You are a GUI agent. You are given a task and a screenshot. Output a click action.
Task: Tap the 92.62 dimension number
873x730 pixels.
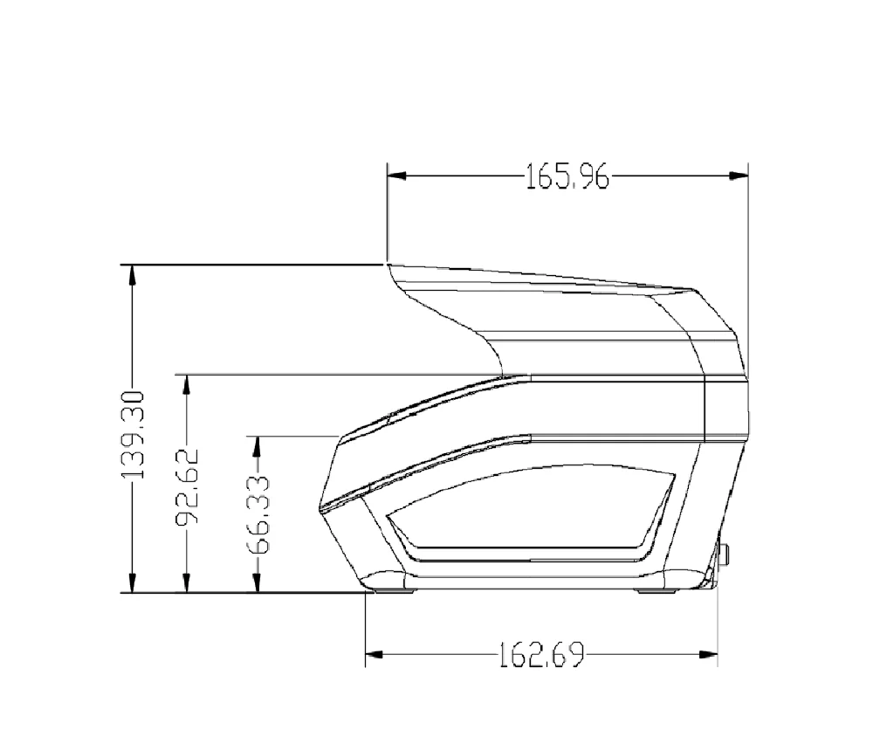click(187, 487)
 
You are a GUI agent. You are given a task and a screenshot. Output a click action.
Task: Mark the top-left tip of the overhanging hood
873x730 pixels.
click(388, 265)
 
